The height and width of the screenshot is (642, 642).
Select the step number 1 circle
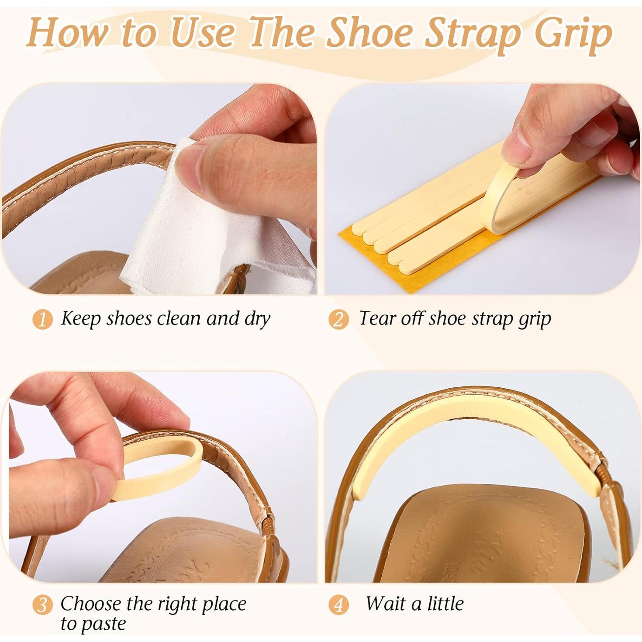pos(42,320)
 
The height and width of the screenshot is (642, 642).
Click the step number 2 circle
pos(338,320)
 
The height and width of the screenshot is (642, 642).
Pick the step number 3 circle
pos(42,605)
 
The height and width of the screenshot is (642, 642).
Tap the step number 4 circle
pos(338,605)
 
